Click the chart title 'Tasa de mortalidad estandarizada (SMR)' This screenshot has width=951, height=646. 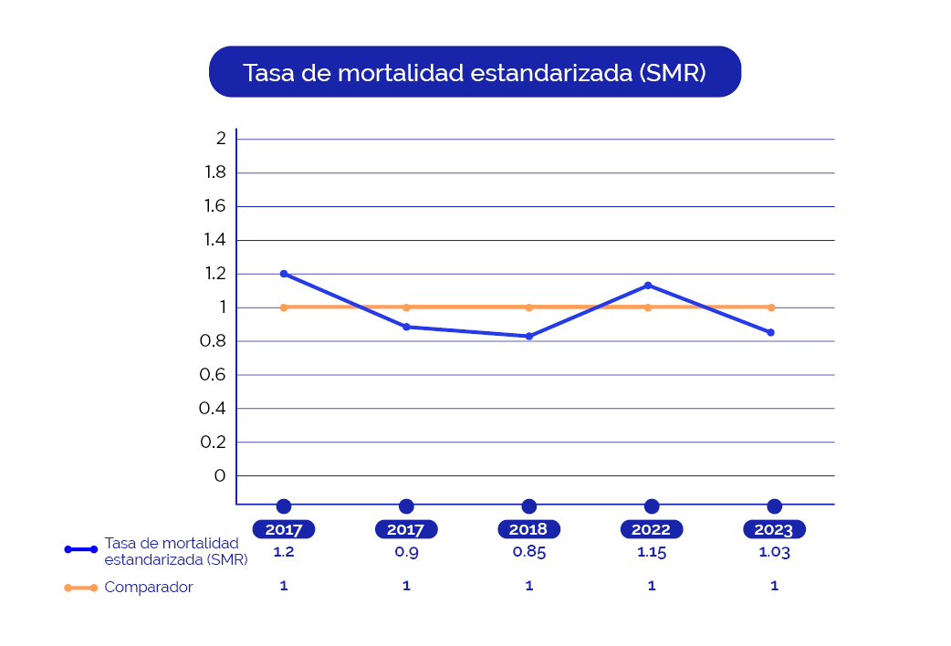(475, 72)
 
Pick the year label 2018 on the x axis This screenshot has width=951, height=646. (528, 529)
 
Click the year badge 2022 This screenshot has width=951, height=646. (651, 529)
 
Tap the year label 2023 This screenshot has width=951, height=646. (774, 529)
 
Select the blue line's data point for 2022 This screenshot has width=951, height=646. (648, 286)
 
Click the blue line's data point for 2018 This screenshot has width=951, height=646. (529, 337)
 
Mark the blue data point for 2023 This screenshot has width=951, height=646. (771, 332)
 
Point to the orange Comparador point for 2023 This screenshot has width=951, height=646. (771, 307)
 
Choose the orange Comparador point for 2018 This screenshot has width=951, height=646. (529, 307)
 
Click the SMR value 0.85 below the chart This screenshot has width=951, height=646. (529, 552)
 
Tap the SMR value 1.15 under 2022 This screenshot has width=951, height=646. (651, 552)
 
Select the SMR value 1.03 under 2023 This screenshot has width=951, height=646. (774, 552)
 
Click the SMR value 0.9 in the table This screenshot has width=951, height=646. (406, 552)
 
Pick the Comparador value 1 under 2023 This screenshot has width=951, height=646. (774, 586)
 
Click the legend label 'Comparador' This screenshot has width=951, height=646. (149, 588)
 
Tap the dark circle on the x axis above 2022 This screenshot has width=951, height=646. (652, 506)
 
